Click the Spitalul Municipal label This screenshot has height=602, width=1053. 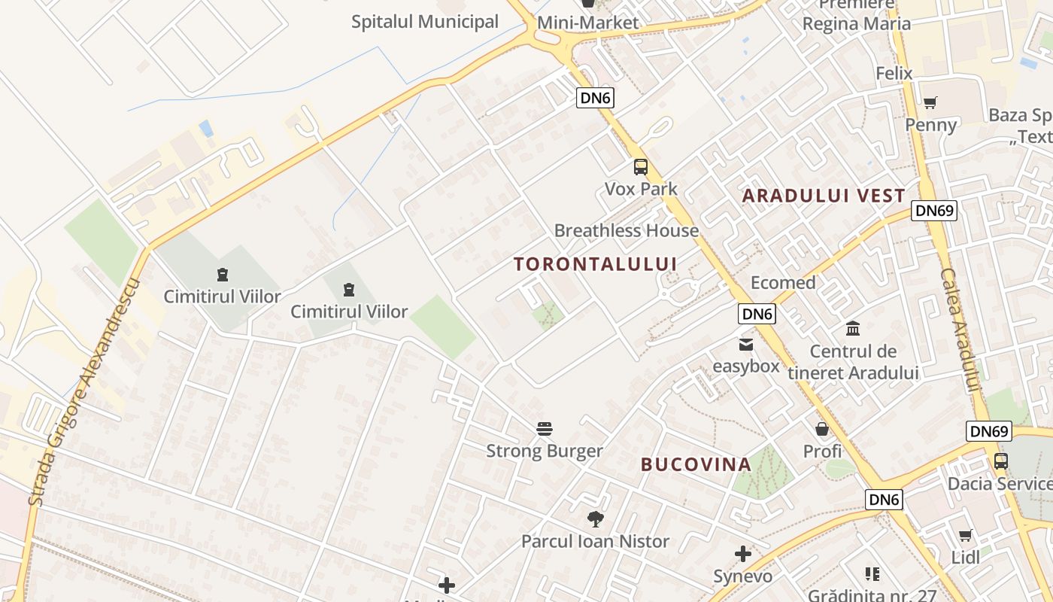coord(425,22)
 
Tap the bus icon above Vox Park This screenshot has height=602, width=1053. coord(640,167)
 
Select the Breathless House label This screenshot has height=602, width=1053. coord(627,230)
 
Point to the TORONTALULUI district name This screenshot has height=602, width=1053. coord(596,264)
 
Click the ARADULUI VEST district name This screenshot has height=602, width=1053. coord(824,196)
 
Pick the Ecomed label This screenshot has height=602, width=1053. coord(783,283)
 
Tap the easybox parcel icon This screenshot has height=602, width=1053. coord(745,345)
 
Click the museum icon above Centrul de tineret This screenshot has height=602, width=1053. coord(853,329)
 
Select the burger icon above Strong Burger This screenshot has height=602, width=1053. coord(545,430)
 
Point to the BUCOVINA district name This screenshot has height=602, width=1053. coord(696,464)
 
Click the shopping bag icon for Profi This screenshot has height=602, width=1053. coord(822,429)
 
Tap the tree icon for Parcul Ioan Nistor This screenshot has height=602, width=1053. coord(595,518)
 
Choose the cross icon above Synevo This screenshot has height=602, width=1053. coord(743,555)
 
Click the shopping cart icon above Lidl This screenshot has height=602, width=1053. coord(965,536)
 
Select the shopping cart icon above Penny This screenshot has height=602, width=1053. coord(930,102)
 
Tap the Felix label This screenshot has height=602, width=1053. coord(894,73)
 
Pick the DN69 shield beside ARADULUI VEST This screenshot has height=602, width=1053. coord(934,210)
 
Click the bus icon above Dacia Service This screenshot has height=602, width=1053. coord(1000,461)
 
